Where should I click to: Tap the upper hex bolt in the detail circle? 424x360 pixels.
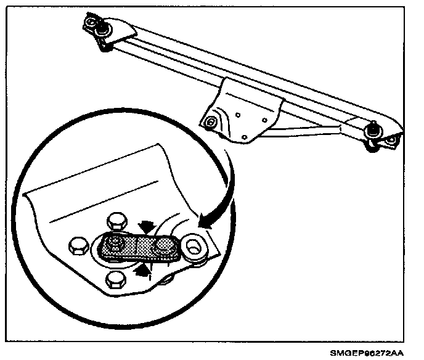click(115, 221)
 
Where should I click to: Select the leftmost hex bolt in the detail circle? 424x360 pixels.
click(78, 245)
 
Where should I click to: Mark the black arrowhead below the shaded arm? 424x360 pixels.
click(142, 267)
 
